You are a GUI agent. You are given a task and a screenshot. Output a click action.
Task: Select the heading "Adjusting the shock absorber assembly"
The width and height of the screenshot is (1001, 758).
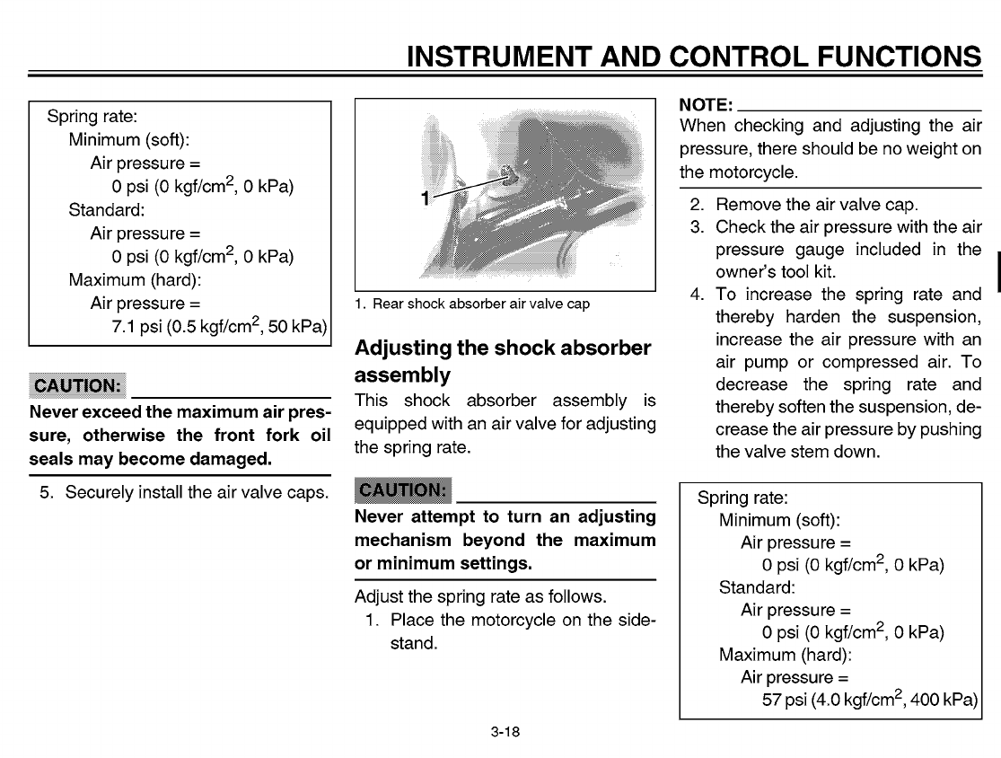tap(502, 359)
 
